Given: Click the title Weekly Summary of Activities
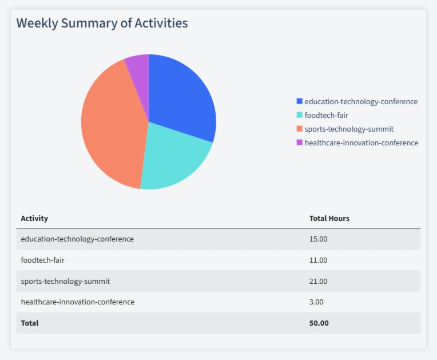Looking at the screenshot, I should pos(102,23).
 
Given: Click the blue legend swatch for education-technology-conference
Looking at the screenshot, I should pos(299,101).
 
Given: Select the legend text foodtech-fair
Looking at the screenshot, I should pos(326,115).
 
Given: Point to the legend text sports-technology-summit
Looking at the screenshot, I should pos(349,129).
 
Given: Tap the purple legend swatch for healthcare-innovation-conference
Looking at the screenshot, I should pos(299,143).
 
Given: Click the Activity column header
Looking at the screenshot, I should pos(34,218).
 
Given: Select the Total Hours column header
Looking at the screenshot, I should pos(329,218).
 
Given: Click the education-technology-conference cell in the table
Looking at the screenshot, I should pos(77,239).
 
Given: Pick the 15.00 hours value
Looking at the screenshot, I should pos(318,239).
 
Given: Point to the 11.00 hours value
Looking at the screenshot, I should pos(318,260).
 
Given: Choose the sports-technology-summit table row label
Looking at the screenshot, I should pos(65,281).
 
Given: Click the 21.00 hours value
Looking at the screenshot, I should pos(318,281).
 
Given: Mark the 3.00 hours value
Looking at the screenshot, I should pos(316,302).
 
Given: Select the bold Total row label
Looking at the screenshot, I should pos(30,323).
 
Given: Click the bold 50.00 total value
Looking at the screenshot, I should pos(319,323).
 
